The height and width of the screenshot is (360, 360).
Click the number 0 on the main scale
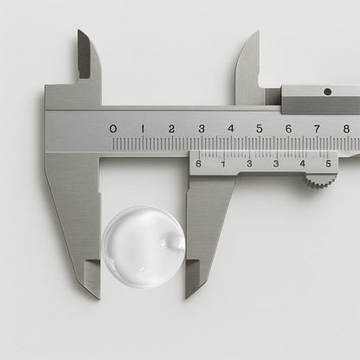(113, 129)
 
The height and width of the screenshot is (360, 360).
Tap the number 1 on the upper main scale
(142, 129)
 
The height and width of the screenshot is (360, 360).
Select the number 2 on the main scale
(171, 129)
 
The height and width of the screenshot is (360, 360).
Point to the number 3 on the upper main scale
(201, 129)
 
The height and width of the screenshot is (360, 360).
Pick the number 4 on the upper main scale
(230, 129)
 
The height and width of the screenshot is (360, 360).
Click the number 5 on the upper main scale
(259, 129)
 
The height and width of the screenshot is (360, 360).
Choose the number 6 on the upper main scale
(288, 129)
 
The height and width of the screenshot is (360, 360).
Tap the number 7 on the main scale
(317, 129)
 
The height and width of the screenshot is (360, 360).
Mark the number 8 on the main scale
(345, 129)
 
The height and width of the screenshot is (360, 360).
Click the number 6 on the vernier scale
(198, 163)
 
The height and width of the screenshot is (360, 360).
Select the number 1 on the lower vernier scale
(223, 163)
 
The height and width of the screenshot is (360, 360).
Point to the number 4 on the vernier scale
(302, 163)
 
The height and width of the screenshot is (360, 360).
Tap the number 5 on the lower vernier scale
(328, 163)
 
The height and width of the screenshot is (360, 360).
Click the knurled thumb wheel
(321, 181)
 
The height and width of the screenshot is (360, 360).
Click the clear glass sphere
(143, 246)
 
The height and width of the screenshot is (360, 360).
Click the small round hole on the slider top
(327, 92)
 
